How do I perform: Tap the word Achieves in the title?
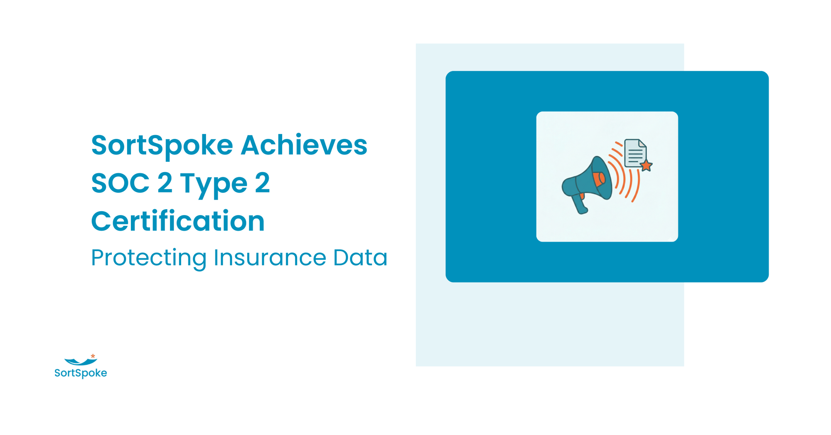pyautogui.click(x=304, y=145)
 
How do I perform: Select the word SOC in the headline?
pyautogui.click(x=120, y=183)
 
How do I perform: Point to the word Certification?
pyautogui.click(x=178, y=221)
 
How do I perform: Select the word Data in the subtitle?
pyautogui.click(x=360, y=257)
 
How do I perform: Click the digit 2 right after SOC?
pyautogui.click(x=165, y=183)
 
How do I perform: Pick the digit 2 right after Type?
pyautogui.click(x=262, y=183)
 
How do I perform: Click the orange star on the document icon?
pyautogui.click(x=646, y=166)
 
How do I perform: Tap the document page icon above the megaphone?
pyautogui.click(x=635, y=153)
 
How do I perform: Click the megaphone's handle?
pyautogui.click(x=579, y=204)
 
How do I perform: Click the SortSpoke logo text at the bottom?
pyautogui.click(x=81, y=373)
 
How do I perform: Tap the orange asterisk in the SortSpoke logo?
pyautogui.click(x=93, y=356)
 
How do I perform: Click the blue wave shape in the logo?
pyautogui.click(x=80, y=361)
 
